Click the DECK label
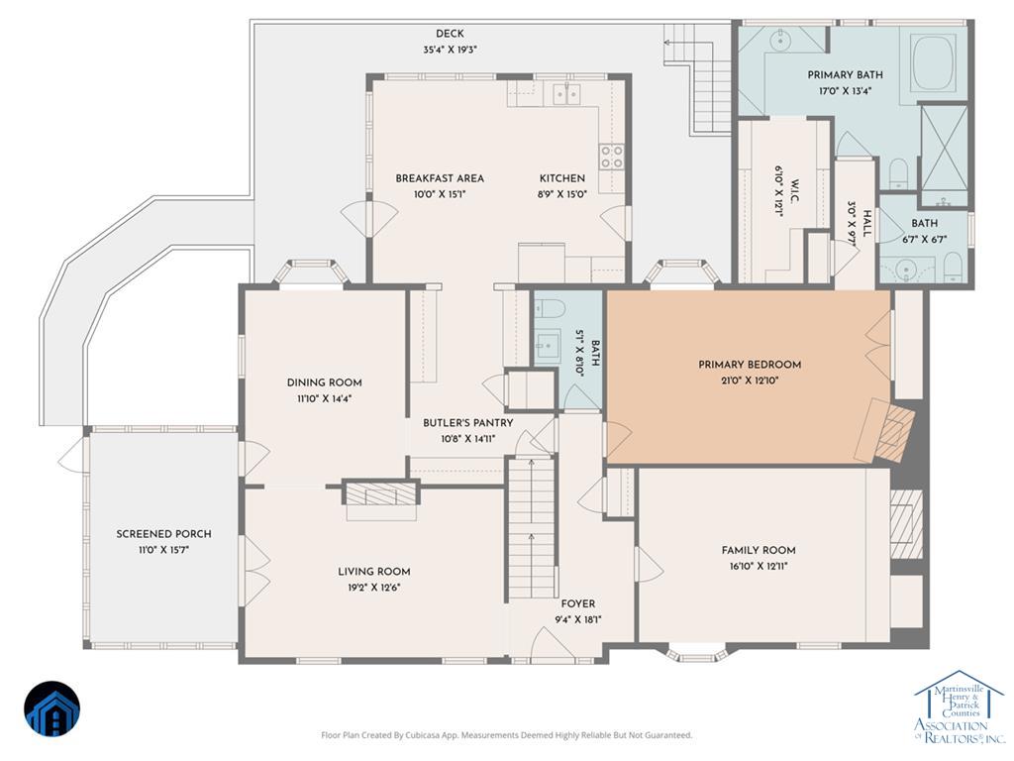click(450, 34)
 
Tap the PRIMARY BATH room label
click(845, 75)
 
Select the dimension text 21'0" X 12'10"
click(749, 381)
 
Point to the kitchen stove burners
click(612, 157)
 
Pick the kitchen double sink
click(567, 94)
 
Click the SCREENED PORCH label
click(163, 534)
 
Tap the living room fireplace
click(380, 495)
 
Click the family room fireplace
click(906, 523)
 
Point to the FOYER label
click(578, 603)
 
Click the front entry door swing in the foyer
click(549, 643)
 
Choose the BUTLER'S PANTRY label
click(468, 423)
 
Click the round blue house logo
click(52, 708)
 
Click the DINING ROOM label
click(325, 382)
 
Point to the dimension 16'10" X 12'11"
click(759, 567)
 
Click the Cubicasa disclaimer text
click(507, 735)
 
